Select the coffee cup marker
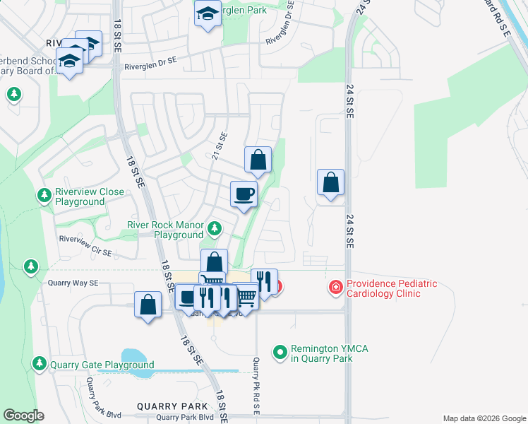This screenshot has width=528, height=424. click(x=244, y=194)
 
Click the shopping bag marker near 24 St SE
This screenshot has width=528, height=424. click(x=330, y=183)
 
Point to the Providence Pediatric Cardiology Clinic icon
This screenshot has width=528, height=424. click(x=335, y=288)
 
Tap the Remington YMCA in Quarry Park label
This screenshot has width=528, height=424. click(x=321, y=354)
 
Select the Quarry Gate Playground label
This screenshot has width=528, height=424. click(x=102, y=365)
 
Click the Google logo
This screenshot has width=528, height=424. click(x=23, y=416)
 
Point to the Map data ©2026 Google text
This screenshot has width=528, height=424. click(x=484, y=418)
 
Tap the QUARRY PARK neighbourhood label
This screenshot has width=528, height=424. click(x=173, y=406)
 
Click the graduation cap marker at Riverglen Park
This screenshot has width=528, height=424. click(x=208, y=14)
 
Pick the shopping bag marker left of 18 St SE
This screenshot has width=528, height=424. click(x=148, y=306)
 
